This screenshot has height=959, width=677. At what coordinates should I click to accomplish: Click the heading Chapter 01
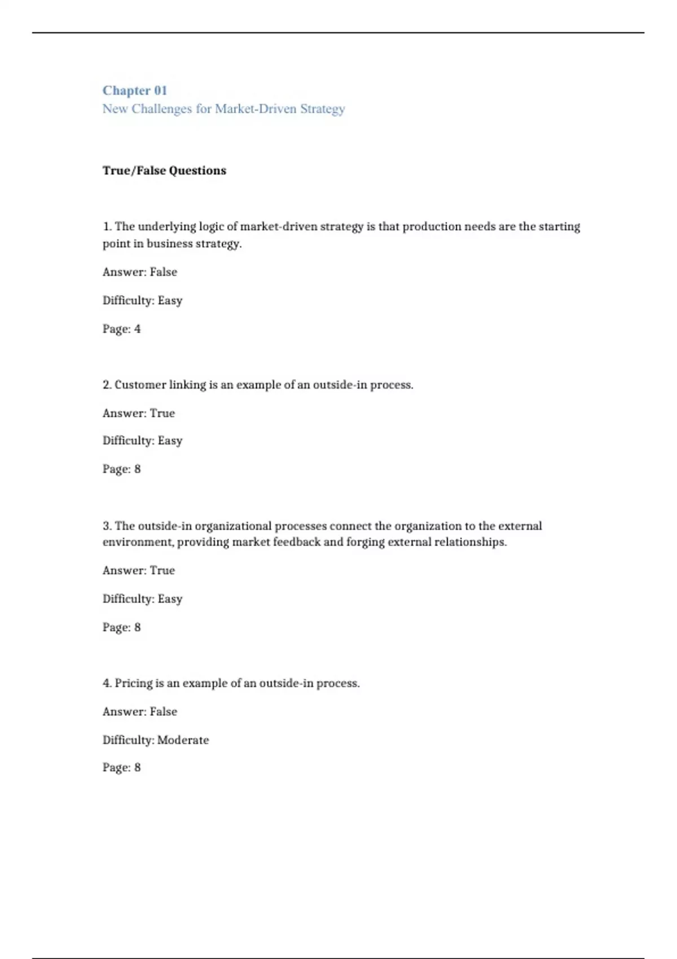(135, 91)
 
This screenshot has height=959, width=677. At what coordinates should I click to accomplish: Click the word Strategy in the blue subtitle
(322, 109)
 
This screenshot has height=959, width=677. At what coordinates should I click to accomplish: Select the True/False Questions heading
(164, 171)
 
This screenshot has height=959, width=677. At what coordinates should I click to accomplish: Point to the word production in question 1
(432, 227)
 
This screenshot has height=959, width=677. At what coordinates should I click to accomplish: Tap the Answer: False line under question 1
(140, 272)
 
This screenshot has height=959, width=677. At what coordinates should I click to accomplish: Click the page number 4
(137, 329)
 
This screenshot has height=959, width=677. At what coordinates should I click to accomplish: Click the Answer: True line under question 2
(139, 413)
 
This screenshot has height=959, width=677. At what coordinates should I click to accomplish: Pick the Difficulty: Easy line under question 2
(142, 441)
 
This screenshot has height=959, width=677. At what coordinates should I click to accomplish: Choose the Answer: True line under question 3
(139, 570)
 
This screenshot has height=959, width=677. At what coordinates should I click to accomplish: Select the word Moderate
(183, 740)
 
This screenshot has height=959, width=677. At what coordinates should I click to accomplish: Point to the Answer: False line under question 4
(140, 711)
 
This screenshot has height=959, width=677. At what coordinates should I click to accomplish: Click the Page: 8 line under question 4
(121, 767)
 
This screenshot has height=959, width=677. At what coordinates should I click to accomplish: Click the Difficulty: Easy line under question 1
(142, 300)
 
